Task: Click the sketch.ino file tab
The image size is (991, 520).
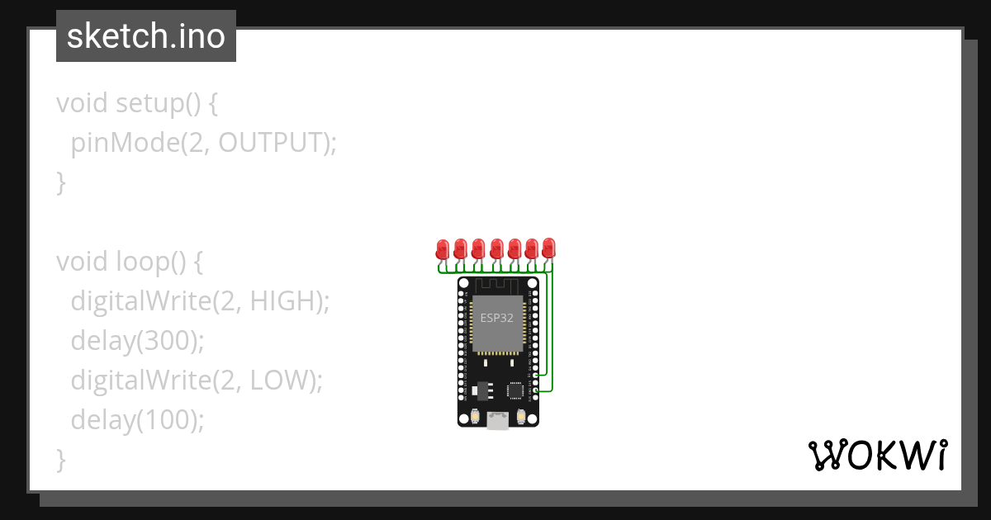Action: click(145, 36)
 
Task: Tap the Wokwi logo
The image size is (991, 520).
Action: click(877, 455)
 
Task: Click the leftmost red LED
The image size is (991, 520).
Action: click(443, 248)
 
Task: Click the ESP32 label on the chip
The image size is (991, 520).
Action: click(497, 317)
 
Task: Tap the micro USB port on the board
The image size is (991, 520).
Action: click(497, 420)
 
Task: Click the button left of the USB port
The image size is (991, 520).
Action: click(475, 418)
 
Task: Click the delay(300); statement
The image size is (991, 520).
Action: click(137, 341)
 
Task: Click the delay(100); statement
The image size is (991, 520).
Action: click(137, 420)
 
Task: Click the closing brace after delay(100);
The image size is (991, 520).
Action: click(60, 460)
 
